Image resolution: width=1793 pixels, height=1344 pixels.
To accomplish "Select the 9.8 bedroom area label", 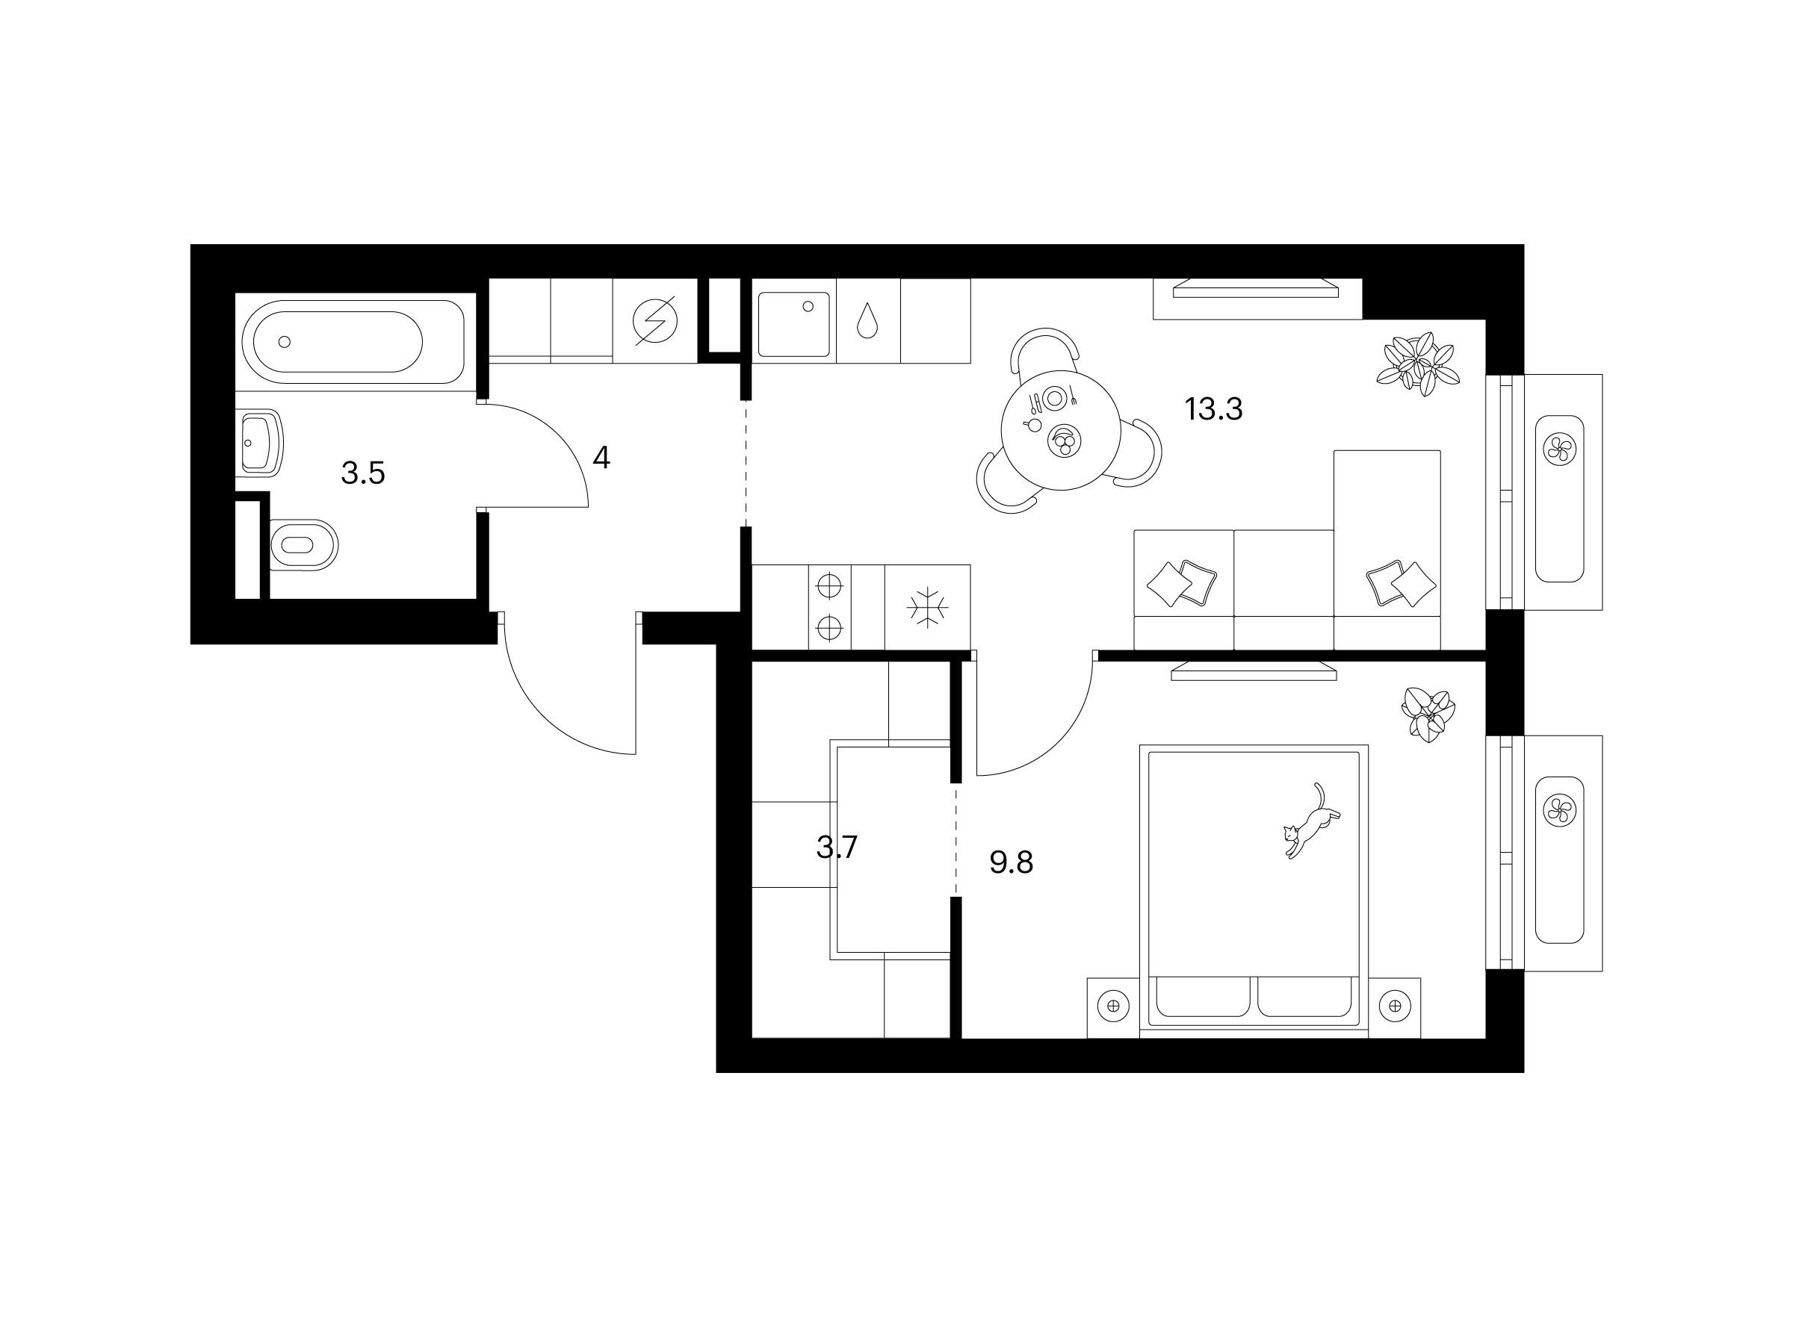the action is (x=1011, y=864).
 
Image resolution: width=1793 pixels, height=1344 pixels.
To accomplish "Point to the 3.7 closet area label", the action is (x=837, y=847).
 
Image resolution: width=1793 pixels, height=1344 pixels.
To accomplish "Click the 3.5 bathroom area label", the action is (x=362, y=473).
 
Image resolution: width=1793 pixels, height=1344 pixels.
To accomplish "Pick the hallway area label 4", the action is (x=601, y=458).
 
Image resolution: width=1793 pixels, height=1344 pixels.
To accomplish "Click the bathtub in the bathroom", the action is (x=350, y=341).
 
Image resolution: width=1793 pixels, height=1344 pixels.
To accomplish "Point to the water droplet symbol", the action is (x=867, y=321).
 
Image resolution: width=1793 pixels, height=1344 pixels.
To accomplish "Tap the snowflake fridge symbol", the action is (x=927, y=608).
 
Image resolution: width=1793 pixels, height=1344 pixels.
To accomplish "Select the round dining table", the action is (x=1061, y=430).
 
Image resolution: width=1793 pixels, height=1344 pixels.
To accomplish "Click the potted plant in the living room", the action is (x=1419, y=364).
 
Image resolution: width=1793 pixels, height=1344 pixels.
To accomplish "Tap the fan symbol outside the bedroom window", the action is (x=1558, y=810).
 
